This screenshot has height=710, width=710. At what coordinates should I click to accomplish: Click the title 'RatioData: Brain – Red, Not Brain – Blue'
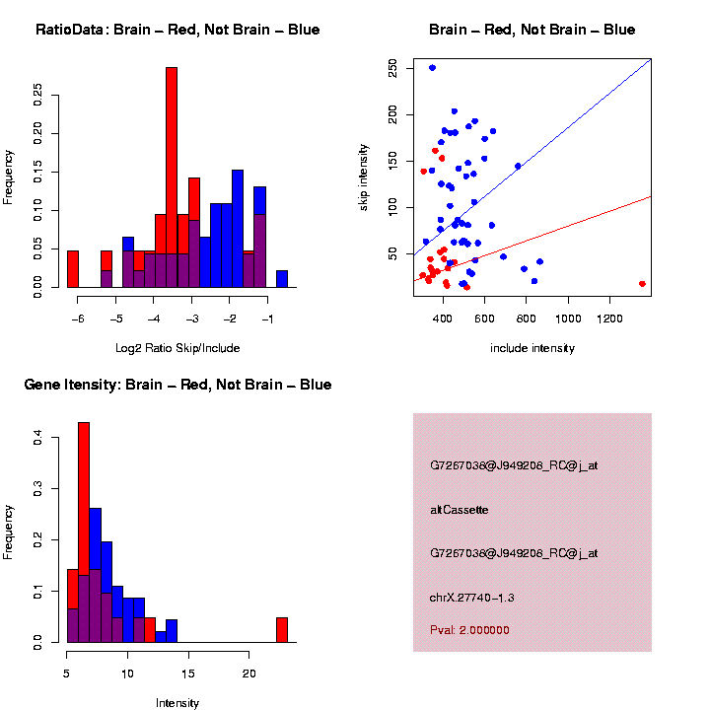[x=177, y=30]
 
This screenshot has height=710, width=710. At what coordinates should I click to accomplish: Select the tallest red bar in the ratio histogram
[x=172, y=177]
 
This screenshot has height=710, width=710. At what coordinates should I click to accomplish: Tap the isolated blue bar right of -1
[x=282, y=279]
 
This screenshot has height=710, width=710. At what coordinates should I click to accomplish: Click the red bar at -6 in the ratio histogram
[x=73, y=269]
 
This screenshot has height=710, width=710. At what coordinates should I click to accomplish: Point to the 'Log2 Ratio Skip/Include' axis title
[x=177, y=348]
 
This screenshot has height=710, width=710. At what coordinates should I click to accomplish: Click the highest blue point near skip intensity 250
[x=432, y=68]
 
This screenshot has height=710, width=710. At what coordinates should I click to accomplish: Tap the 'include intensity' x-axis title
[x=532, y=348]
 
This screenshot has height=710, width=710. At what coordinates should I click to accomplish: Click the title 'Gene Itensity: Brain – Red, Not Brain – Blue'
[x=177, y=385]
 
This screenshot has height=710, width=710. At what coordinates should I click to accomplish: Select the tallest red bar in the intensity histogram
[x=84, y=532]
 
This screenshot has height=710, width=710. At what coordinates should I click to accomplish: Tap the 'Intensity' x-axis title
[x=177, y=703]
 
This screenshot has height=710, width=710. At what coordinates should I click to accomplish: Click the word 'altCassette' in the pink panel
[x=460, y=510]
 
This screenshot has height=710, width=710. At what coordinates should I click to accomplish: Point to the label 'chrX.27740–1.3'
[x=486, y=598]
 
